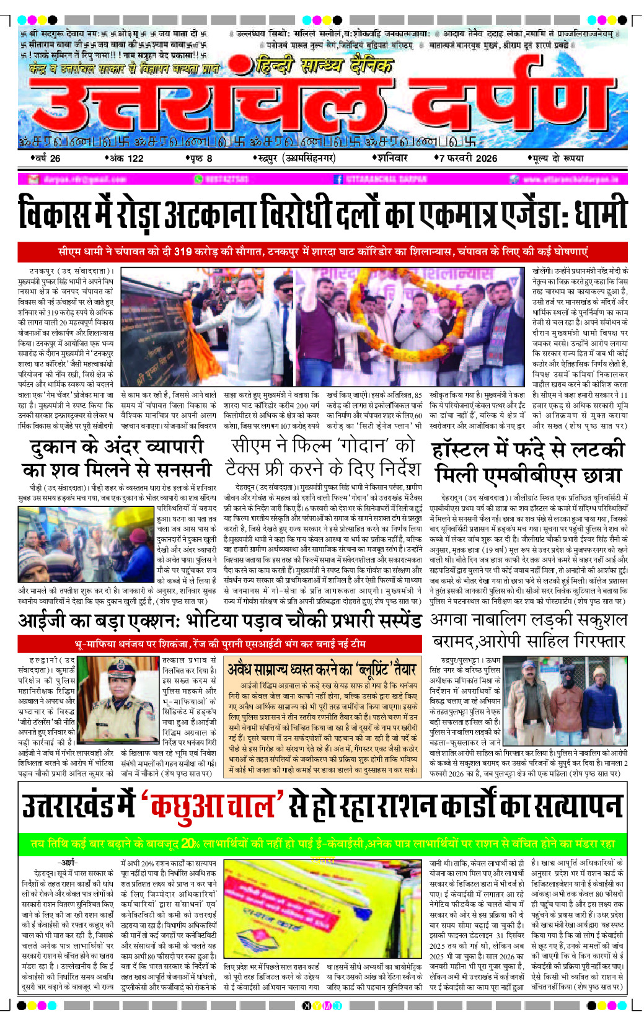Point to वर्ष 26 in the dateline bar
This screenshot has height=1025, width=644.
(47, 158)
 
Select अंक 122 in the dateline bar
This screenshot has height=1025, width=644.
(126, 158)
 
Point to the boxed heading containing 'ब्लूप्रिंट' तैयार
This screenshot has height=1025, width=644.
(320, 669)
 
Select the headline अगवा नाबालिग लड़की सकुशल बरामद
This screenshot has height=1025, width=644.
(529, 630)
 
